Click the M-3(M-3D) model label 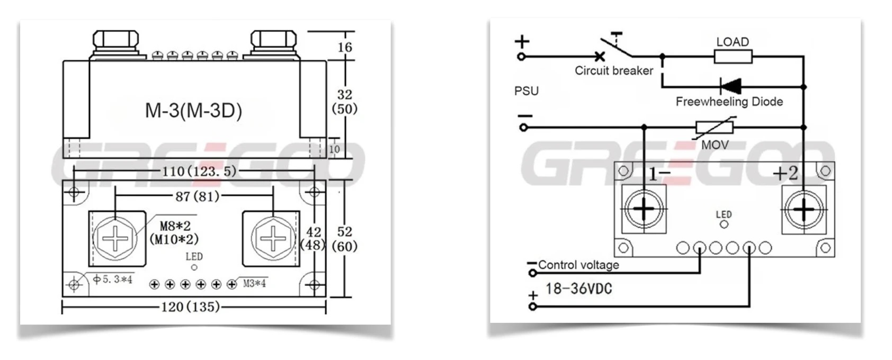[x=193, y=110]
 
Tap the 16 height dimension [x=345, y=47]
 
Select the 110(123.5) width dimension [x=199, y=171]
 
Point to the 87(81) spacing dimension [x=197, y=196]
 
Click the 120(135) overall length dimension [x=190, y=307]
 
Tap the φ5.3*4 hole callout [x=112, y=279]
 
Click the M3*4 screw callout [x=254, y=283]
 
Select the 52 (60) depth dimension [x=345, y=239]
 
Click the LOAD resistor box [x=733, y=56]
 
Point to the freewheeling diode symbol [x=730, y=86]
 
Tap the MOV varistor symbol [x=714, y=128]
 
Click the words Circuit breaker [x=614, y=70]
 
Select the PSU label [x=526, y=91]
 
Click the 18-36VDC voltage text [x=578, y=289]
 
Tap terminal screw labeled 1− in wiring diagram [x=644, y=209]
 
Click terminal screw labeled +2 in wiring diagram [x=804, y=210]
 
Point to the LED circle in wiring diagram [x=724, y=224]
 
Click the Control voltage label [x=578, y=265]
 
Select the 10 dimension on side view [x=334, y=149]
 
